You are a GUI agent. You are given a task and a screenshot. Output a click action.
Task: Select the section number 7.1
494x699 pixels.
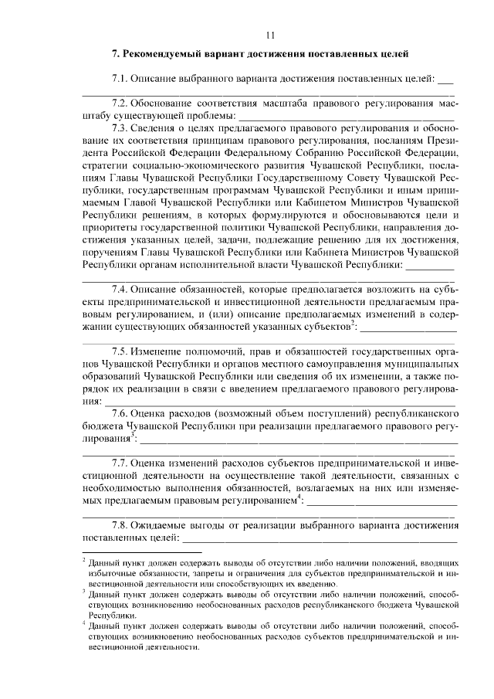click(120, 79)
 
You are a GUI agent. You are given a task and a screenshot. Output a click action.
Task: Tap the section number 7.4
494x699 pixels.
click(120, 289)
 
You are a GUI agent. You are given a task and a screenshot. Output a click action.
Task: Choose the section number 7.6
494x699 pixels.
click(120, 412)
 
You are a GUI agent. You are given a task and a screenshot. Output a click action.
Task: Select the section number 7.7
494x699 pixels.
click(120, 462)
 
